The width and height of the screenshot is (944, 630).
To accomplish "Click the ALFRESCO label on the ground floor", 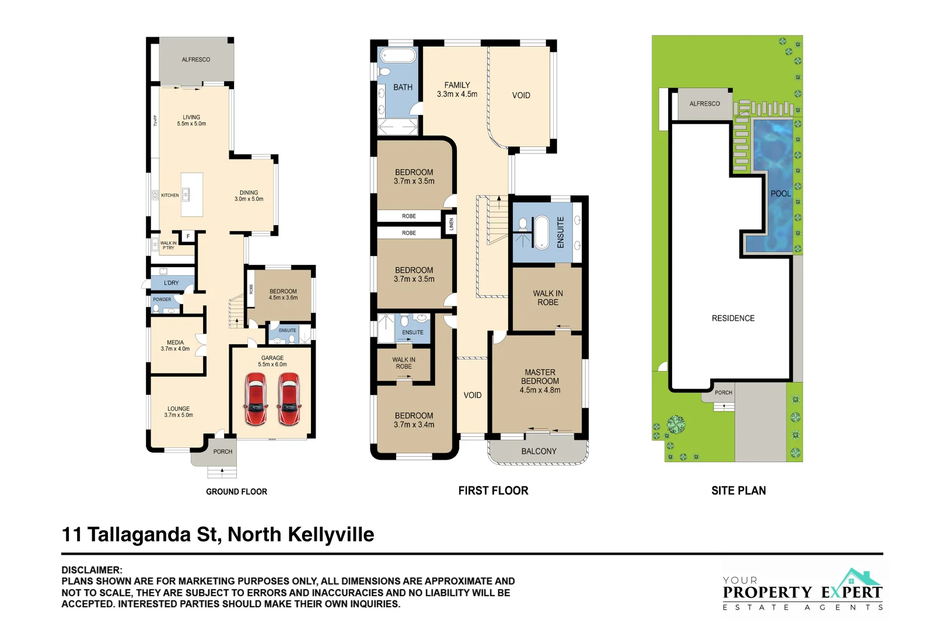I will click(x=195, y=60).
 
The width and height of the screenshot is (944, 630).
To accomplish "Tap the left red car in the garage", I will click(x=256, y=399).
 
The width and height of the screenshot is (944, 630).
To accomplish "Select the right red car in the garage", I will click(x=289, y=399).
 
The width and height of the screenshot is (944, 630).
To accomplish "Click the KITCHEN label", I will click(x=170, y=195).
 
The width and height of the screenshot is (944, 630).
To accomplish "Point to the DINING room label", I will click(x=249, y=192).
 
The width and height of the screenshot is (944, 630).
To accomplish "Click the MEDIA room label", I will click(x=175, y=342).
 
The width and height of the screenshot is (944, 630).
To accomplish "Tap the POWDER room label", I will click(x=162, y=299).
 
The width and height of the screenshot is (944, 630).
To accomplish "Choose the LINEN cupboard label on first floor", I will click(x=451, y=224).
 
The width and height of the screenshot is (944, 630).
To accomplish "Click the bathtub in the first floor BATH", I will click(x=398, y=56).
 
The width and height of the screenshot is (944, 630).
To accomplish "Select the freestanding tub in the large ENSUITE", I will click(x=542, y=232).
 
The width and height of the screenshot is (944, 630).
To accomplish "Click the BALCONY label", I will click(x=539, y=451).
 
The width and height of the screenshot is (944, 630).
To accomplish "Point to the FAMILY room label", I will click(x=457, y=85).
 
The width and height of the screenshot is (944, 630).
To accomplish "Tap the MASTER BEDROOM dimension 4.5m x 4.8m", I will click(x=540, y=390).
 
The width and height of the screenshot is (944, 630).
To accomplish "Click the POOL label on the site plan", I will click(x=780, y=194).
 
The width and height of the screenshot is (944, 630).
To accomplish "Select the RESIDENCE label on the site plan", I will click(x=733, y=318).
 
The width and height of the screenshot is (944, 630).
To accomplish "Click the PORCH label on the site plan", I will click(x=723, y=393).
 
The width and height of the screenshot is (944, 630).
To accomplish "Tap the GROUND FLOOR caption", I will click(x=236, y=492).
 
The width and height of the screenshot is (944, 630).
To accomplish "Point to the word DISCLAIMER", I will click(x=92, y=570).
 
